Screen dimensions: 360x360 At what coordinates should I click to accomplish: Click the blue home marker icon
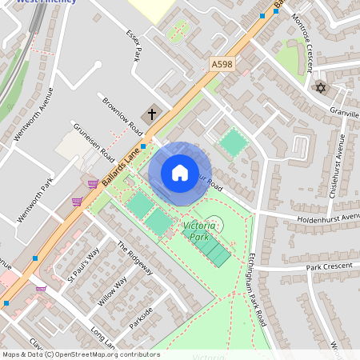180,173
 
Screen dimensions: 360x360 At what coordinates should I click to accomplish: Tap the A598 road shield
223,63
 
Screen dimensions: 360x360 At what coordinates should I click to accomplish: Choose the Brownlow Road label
122,116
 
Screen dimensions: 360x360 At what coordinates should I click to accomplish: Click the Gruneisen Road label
95,144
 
